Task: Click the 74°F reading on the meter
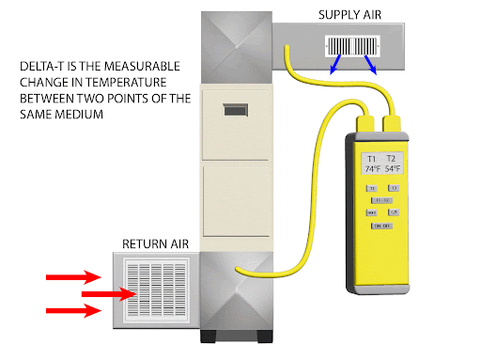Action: pos(374,170)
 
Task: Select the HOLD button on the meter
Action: pos(372,212)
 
